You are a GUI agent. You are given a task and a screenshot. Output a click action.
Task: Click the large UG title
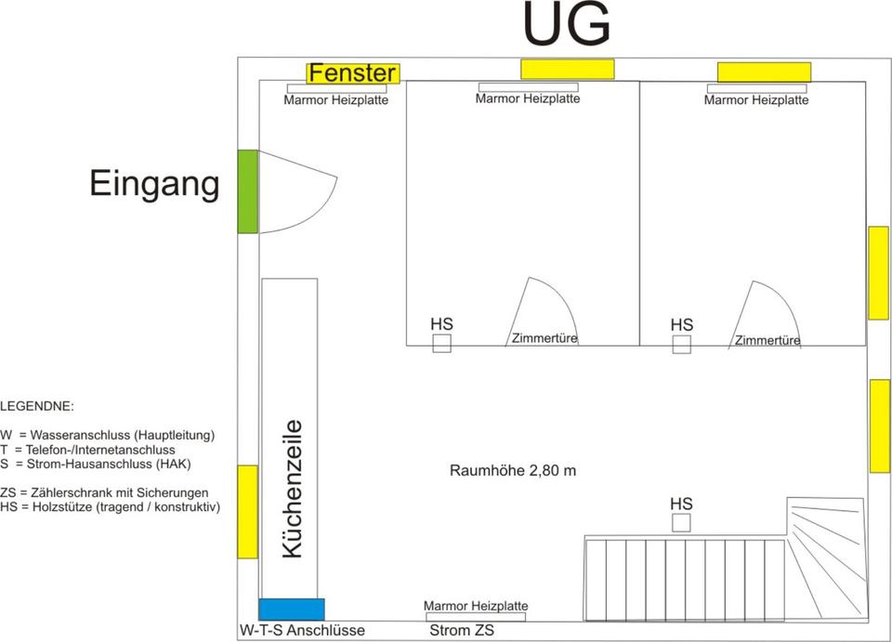click(x=567, y=25)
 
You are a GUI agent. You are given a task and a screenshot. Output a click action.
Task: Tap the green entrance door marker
click(x=247, y=190)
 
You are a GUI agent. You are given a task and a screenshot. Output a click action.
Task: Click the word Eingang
click(x=154, y=184)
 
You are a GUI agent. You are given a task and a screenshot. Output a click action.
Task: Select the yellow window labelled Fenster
click(x=353, y=73)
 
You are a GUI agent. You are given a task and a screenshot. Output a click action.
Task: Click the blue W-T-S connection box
click(x=292, y=609)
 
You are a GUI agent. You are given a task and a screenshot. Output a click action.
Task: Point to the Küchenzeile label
click(x=292, y=489)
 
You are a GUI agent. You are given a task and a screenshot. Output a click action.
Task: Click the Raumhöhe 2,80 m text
click(x=513, y=471)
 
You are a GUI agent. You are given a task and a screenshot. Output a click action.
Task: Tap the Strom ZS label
click(x=462, y=631)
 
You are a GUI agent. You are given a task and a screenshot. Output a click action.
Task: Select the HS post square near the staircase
click(x=681, y=523)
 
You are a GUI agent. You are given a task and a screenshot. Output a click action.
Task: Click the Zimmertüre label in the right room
click(x=767, y=341)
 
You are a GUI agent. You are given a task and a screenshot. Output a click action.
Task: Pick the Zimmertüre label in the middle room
click(x=544, y=339)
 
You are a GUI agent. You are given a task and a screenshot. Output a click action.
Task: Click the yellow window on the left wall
click(x=247, y=512)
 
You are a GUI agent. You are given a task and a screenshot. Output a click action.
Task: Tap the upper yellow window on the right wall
click(x=878, y=273)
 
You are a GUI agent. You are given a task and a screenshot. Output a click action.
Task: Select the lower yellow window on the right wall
click(x=879, y=426)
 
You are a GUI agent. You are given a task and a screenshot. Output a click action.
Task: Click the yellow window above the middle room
click(x=567, y=69)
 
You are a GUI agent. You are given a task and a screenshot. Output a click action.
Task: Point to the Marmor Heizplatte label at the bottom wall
click(x=475, y=606)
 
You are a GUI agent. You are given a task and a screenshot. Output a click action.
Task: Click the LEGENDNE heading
click(x=37, y=407)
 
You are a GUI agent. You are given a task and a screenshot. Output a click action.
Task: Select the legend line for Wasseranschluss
click(x=108, y=435)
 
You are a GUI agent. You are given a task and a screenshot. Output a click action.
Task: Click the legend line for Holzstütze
click(x=110, y=506)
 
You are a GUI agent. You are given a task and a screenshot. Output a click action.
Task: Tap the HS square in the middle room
click(x=442, y=345)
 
